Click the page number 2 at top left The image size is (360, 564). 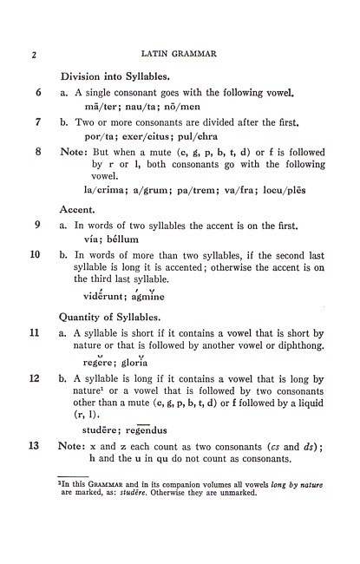coord(34,56)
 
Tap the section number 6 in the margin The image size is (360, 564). coord(38,93)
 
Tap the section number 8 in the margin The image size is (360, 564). coord(38,152)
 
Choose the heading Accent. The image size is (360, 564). coord(77,210)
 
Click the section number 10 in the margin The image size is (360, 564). coord(36,255)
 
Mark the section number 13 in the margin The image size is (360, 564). coord(36,446)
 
